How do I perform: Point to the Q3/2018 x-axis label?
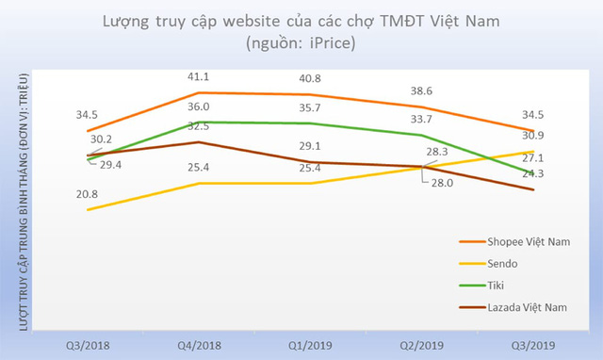click(x=87, y=344)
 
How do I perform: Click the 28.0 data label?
click(x=440, y=185)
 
